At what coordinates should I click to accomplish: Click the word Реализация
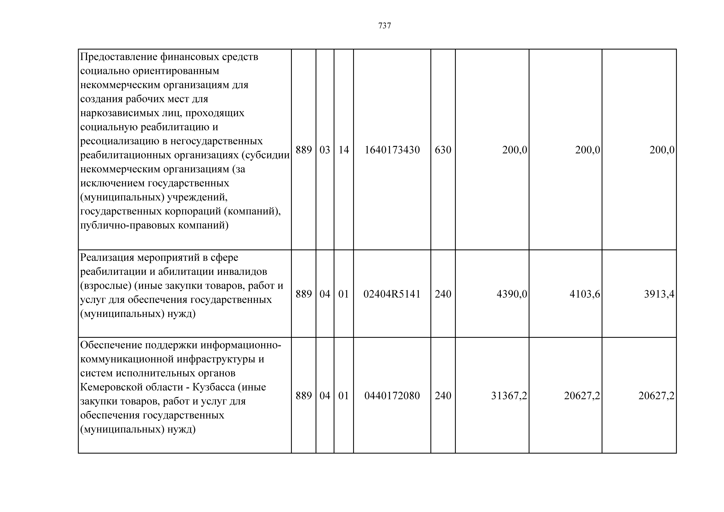click(x=107, y=258)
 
